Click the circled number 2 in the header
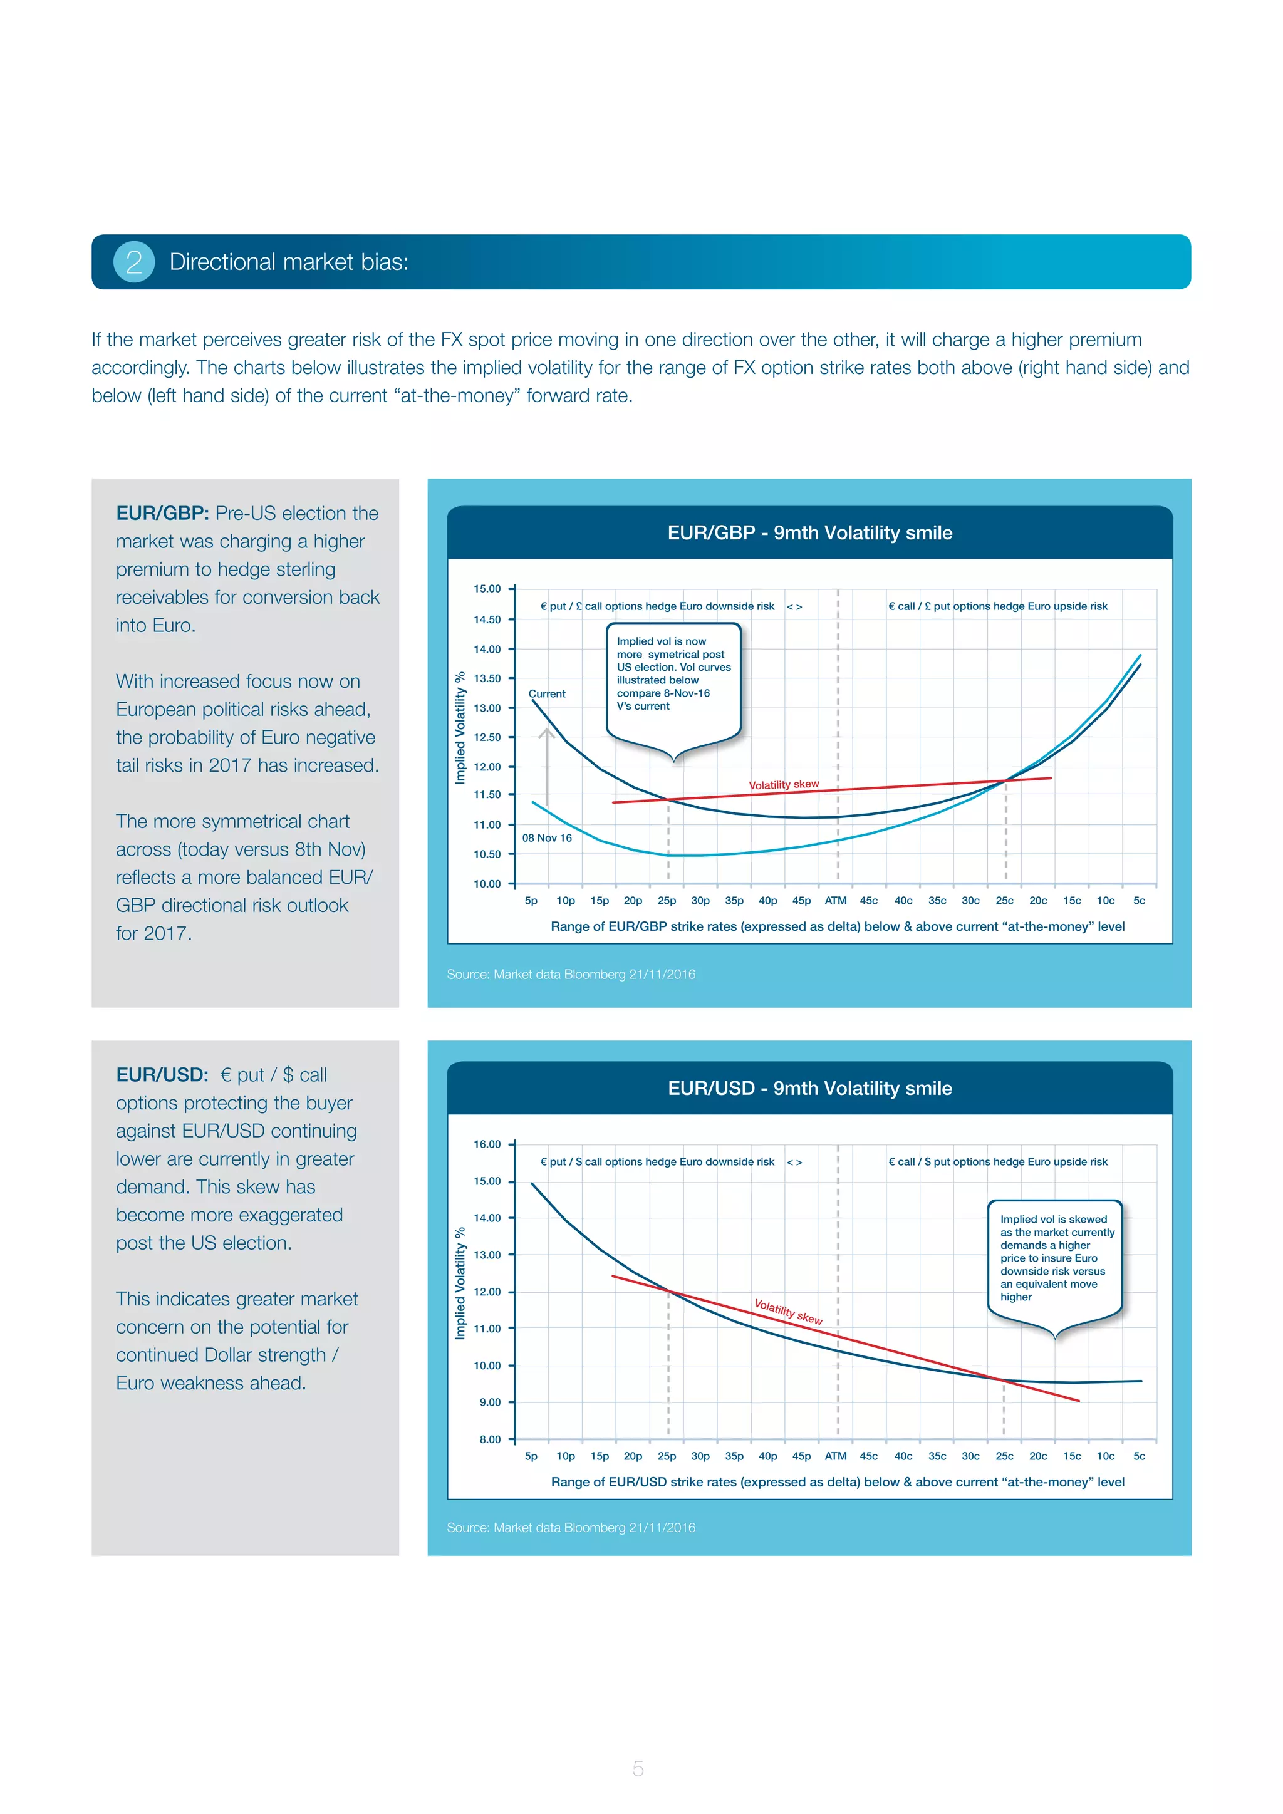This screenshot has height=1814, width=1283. [134, 261]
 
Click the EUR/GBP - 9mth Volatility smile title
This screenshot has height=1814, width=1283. [810, 532]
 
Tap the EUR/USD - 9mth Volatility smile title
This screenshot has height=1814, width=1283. [810, 1088]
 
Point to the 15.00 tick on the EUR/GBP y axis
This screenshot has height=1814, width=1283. [487, 589]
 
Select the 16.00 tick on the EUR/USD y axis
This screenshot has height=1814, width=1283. [487, 1144]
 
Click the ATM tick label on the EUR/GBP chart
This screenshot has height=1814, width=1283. [836, 901]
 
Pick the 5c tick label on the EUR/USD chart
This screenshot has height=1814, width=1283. [1139, 1456]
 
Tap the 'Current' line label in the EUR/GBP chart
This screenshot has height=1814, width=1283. [547, 693]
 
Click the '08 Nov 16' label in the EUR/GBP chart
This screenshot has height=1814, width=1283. [547, 838]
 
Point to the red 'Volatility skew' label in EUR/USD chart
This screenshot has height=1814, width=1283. [787, 1312]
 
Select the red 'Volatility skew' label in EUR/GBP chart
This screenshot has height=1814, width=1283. [784, 784]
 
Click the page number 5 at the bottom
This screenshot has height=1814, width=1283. [638, 1768]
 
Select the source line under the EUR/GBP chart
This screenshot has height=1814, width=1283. [571, 974]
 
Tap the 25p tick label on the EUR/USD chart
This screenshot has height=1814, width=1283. [667, 1456]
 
